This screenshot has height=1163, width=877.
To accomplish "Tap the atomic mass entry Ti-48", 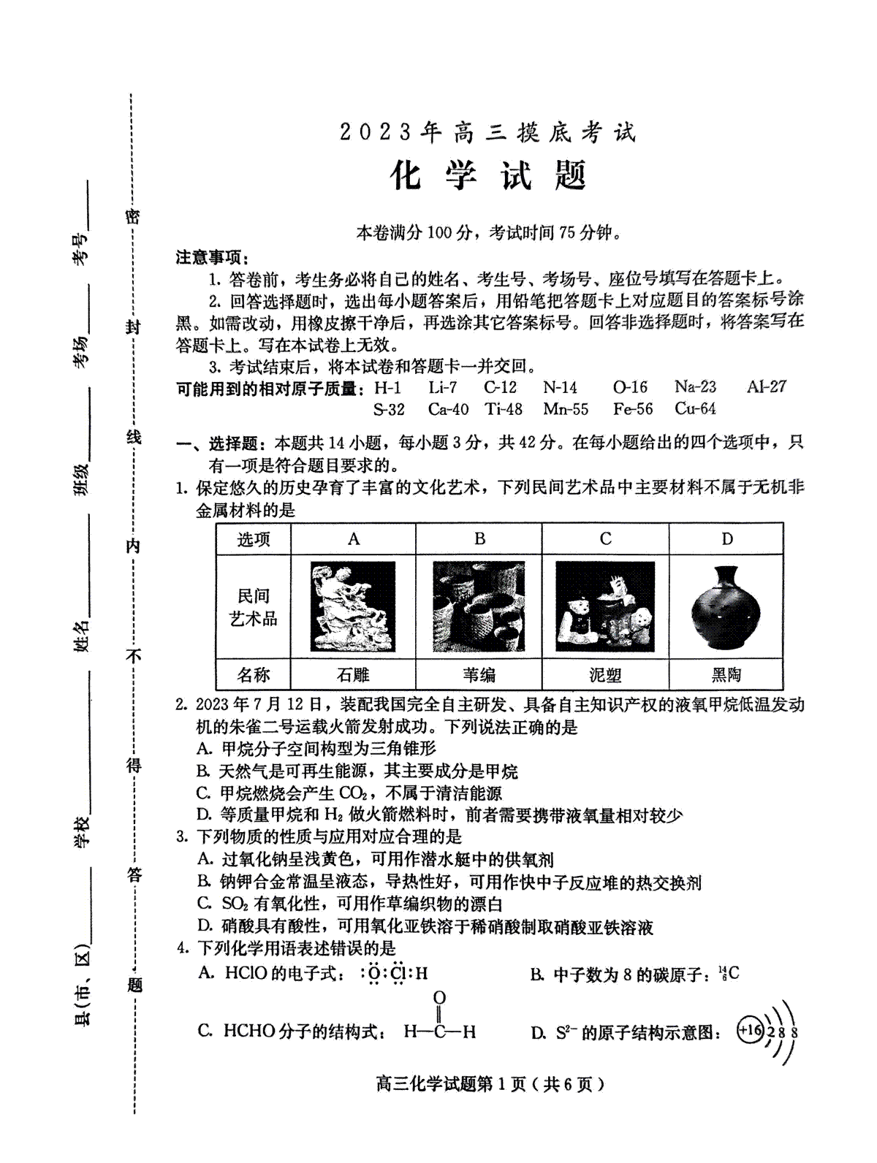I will pyautogui.click(x=504, y=409).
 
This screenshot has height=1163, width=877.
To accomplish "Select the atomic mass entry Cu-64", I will pyautogui.click(x=695, y=409).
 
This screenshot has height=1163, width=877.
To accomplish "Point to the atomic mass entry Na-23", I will pyautogui.click(x=695, y=386).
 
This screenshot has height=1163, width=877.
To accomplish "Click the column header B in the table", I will pyautogui.click(x=479, y=539).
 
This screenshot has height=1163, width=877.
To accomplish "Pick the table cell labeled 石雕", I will pyautogui.click(x=353, y=674).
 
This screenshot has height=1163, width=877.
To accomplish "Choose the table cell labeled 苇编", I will pyautogui.click(x=479, y=674).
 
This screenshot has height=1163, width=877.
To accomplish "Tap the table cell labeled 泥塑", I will pyautogui.click(x=605, y=674).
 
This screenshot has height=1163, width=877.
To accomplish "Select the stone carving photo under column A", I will pyautogui.click(x=354, y=607).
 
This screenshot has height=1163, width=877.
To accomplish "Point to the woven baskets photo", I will pyautogui.click(x=479, y=607).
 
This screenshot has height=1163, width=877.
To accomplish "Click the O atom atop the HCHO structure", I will pyautogui.click(x=439, y=998).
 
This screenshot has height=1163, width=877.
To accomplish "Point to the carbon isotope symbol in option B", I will pyautogui.click(x=729, y=973).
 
